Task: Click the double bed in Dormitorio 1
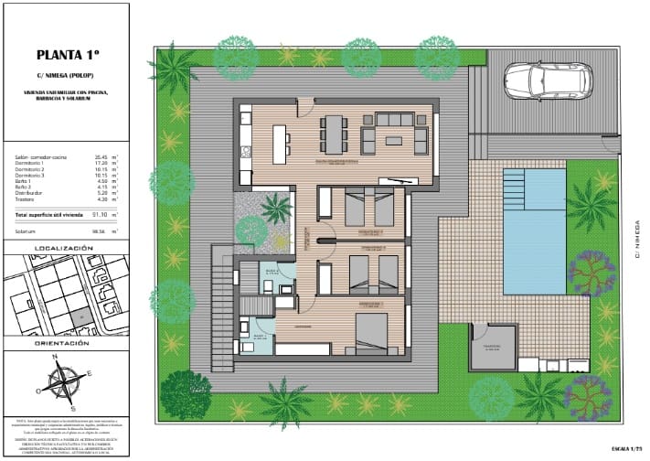[372, 332]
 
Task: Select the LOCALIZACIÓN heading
[63, 248]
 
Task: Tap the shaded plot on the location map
[80, 316]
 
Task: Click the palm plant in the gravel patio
[275, 208]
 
